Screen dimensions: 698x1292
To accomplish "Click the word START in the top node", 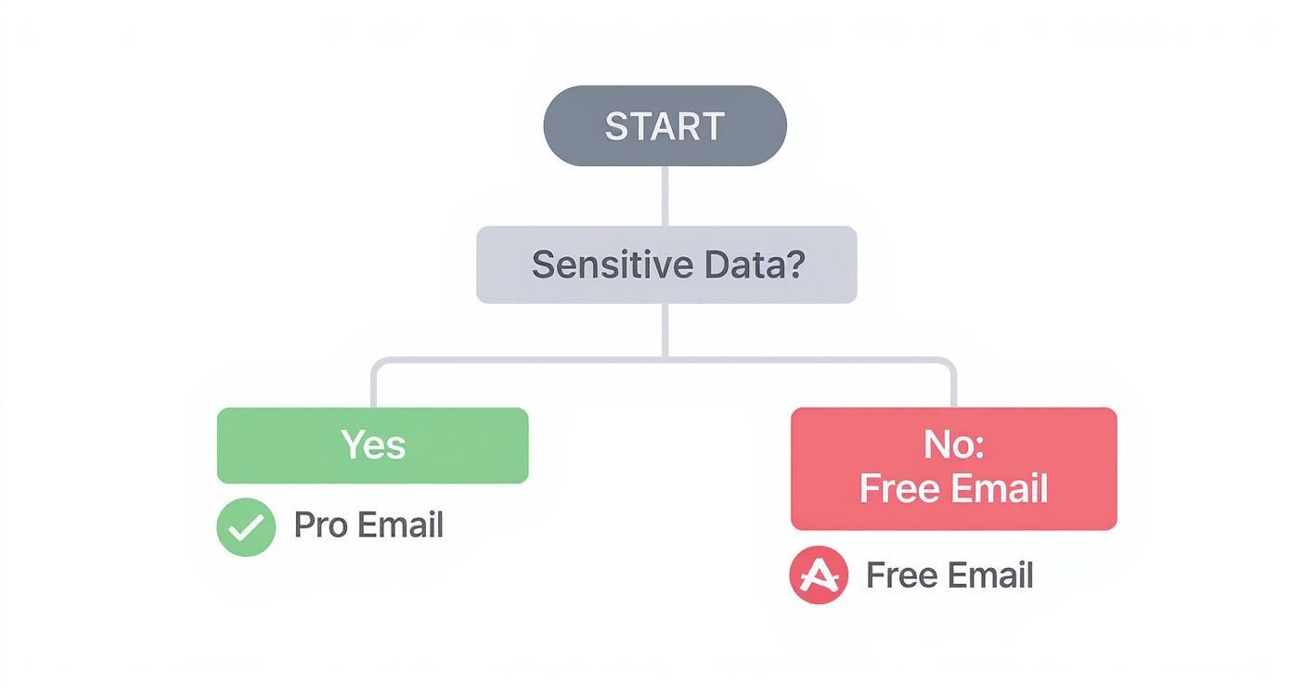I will point(665,126).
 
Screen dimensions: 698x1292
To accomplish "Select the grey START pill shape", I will point(566,126).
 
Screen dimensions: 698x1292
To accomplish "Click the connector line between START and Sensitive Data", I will point(665,195).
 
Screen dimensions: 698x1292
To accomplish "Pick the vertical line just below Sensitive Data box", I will point(665,330).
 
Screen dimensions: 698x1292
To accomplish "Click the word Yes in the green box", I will point(373,445).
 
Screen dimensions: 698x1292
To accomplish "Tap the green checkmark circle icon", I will point(246,527).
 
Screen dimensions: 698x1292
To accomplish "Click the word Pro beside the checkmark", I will point(320,525).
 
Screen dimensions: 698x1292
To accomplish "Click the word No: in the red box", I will point(953,446).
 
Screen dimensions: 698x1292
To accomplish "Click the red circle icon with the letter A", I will point(818,575).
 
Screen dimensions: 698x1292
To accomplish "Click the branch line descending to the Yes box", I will point(373,385).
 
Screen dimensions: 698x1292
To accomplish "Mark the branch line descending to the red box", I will point(954,385).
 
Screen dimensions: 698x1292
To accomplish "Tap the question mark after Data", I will point(794,265).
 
